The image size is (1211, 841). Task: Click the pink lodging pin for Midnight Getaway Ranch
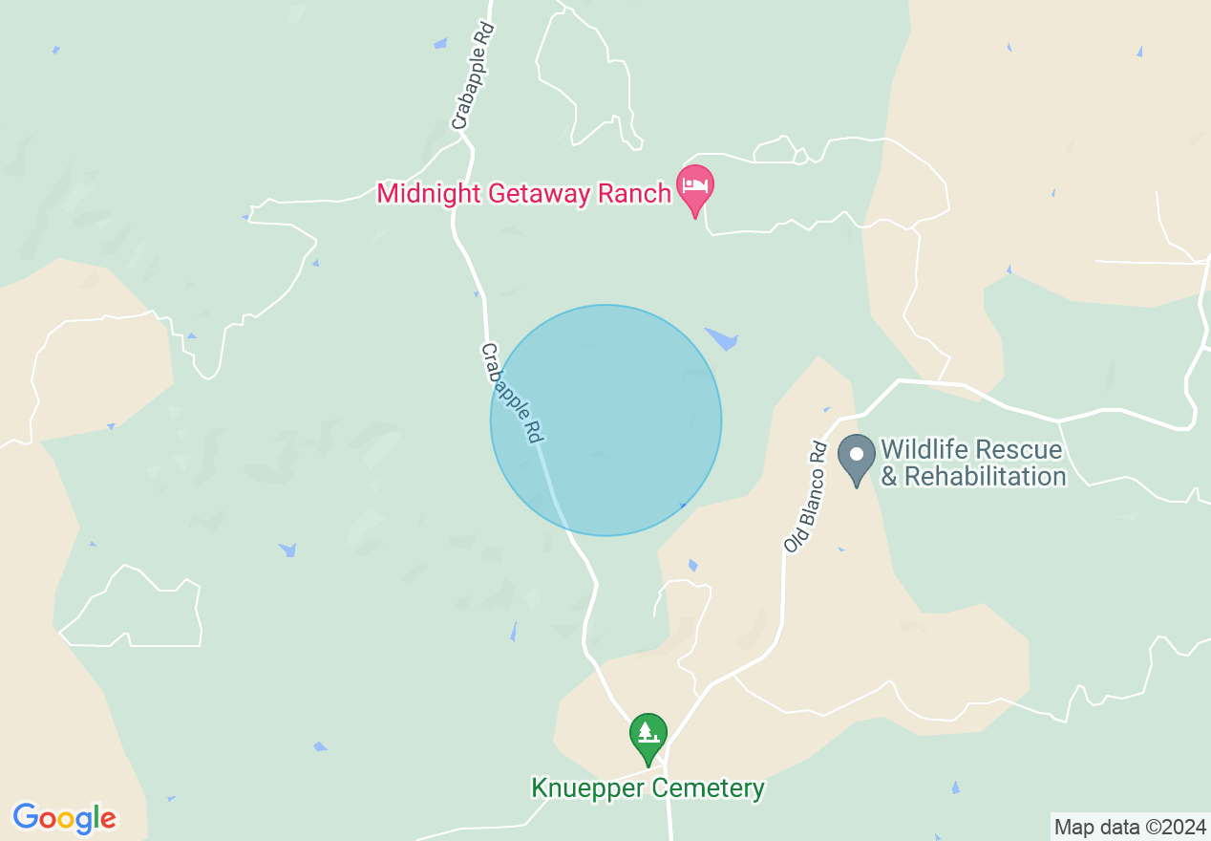tap(694, 185)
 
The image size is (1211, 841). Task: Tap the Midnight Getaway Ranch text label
tap(523, 193)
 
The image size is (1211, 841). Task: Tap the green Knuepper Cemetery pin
tap(648, 735)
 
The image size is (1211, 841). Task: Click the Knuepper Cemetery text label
tap(648, 788)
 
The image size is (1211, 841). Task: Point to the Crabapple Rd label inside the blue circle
tap(512, 393)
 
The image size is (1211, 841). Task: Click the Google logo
tap(65, 818)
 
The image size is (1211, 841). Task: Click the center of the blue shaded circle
tap(605, 420)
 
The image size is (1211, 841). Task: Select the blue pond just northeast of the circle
tap(722, 337)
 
